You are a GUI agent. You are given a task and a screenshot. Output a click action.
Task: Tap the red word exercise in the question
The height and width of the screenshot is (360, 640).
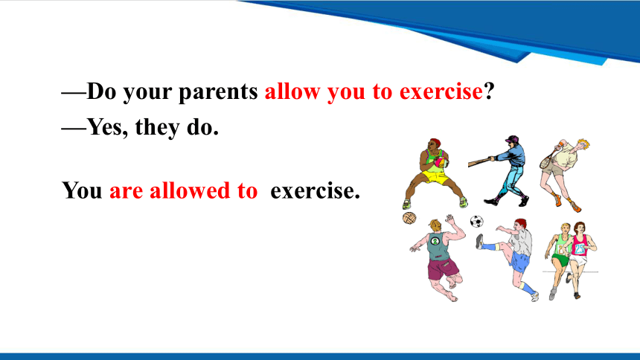coord(441,91)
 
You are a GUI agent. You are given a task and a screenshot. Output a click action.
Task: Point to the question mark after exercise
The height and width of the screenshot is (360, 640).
coord(489,91)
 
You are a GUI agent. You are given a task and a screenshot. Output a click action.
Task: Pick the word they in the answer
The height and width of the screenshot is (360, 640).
coord(158,127)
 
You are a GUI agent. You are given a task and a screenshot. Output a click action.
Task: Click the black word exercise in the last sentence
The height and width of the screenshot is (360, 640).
coord(315,190)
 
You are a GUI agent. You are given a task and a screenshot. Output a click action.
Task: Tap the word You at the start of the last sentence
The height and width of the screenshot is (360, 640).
coord(82,190)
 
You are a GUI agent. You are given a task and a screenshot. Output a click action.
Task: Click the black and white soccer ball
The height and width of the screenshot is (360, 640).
coord(477,221)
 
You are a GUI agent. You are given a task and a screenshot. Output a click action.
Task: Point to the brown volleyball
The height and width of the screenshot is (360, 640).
coord(409,218)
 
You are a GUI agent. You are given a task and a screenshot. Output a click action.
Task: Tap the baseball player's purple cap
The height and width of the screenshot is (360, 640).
coord(512,139)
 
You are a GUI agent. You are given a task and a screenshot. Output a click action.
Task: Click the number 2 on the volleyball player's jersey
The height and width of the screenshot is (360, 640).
coord(435,241)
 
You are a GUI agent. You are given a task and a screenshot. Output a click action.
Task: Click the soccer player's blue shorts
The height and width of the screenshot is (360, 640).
coord(519,261)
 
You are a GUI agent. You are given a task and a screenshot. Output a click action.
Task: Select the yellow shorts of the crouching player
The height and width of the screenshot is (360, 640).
coord(435,177)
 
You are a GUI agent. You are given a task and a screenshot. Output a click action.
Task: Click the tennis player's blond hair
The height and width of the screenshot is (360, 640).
coord(583,144)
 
